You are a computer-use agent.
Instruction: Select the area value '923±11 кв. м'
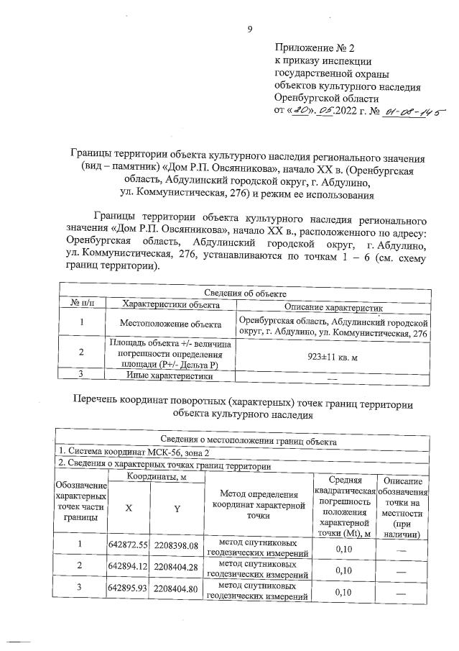tap(333, 354)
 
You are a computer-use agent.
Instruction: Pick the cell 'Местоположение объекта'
tap(170, 324)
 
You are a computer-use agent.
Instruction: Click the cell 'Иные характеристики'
tap(170, 375)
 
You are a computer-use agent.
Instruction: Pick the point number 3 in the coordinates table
tap(80, 590)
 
